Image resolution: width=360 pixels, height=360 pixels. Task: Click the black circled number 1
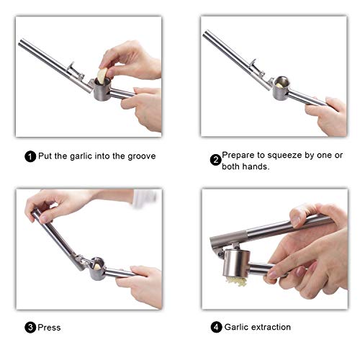30,156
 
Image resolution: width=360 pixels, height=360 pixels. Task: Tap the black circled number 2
216,160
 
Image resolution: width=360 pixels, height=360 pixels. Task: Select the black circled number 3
30,328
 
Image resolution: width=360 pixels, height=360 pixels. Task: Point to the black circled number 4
216,327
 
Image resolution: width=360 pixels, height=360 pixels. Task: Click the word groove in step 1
142,156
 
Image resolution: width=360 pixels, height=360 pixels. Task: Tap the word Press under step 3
49,328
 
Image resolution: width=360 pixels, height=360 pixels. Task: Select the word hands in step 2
256,166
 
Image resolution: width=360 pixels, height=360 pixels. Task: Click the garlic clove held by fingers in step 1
102,76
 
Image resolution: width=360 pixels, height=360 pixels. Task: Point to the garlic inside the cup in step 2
279,85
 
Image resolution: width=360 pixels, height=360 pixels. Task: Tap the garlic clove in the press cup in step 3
97,266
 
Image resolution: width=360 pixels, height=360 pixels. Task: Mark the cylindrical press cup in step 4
236,263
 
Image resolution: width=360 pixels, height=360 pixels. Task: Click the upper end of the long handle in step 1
22,42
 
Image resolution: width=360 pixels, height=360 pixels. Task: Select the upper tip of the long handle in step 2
206,34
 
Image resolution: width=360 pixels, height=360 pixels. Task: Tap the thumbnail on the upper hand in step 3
44,219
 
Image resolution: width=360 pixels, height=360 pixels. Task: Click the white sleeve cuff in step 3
145,198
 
